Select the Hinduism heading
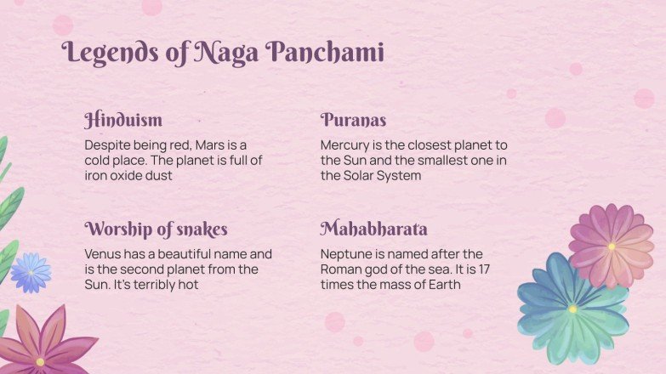click(123, 120)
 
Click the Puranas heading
click(353, 120)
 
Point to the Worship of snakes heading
click(156, 229)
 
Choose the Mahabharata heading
click(373, 229)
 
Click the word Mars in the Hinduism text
click(212, 144)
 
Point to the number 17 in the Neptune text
click(483, 269)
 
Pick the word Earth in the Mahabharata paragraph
click(442, 284)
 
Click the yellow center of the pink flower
click(611, 246)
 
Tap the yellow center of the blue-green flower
click(572, 309)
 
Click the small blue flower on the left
click(31, 272)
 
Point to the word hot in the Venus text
click(188, 284)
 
